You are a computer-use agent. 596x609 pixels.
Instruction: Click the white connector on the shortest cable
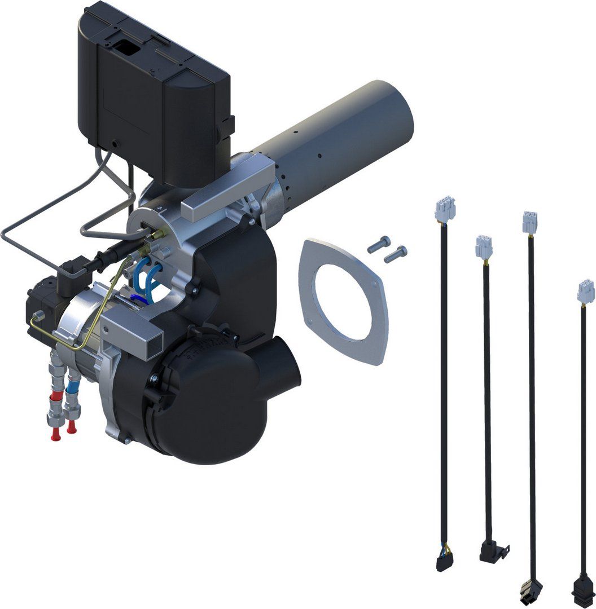586,292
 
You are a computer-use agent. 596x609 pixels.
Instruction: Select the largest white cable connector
445,210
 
